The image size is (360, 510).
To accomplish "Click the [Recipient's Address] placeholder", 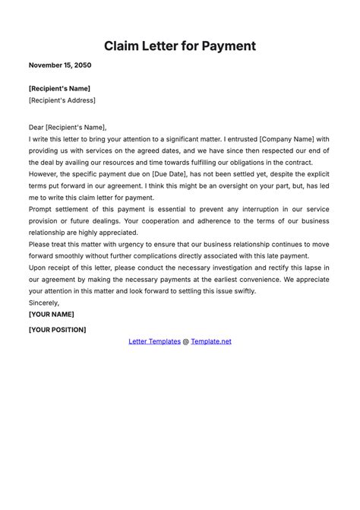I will pos(62,100).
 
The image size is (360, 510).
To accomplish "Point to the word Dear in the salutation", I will pos(37,128).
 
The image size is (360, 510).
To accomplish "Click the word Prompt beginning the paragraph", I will pos(43,209).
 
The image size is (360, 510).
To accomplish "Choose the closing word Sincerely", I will pos(45,303).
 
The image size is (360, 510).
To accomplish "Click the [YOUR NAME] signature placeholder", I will pos(51,314).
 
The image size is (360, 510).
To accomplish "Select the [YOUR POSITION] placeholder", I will pos(57,330).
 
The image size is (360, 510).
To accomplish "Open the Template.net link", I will pos(211,341).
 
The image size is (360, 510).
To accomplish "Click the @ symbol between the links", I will pos(185,341).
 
